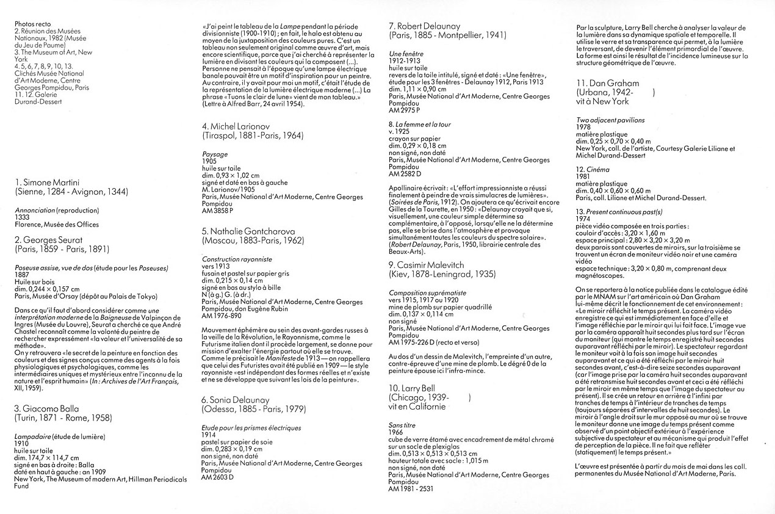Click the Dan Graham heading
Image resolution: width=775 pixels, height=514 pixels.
pos(607,82)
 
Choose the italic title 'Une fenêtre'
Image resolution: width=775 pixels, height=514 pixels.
pos(406,54)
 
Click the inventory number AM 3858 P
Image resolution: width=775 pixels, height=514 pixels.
pos(217,210)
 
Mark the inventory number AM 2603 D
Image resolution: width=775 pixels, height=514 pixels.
pos(218,476)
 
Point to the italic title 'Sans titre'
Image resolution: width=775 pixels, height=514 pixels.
pos(402,424)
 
